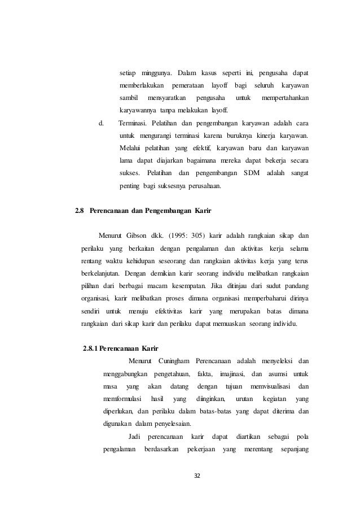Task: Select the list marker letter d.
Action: pyautogui.click(x=101, y=123)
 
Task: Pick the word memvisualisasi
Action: pyautogui.click(x=266, y=386)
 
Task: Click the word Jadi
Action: pyautogui.click(x=134, y=437)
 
